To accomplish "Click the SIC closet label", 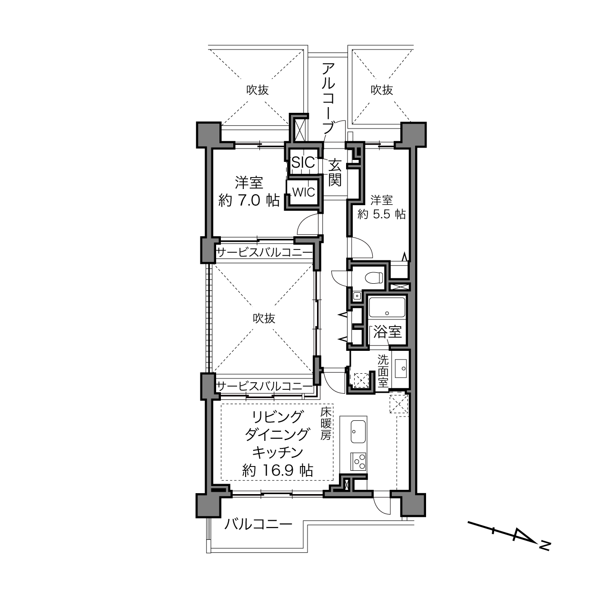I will pyautogui.click(x=303, y=162).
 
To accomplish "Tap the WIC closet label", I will pyautogui.click(x=303, y=192).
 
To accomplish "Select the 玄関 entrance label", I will pyautogui.click(x=335, y=172).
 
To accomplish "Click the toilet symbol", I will pyautogui.click(x=374, y=277).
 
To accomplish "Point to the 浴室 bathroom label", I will pyautogui.click(x=387, y=332).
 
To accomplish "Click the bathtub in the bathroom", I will pyautogui.click(x=387, y=308).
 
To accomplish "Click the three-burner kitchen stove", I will pyautogui.click(x=358, y=461).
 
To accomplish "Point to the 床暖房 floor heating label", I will pyautogui.click(x=325, y=423).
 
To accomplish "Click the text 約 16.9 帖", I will pyautogui.click(x=277, y=471).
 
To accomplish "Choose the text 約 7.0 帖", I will pyautogui.click(x=248, y=200).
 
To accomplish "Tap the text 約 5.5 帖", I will pyautogui.click(x=381, y=214).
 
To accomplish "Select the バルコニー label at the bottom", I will pyautogui.click(x=258, y=525).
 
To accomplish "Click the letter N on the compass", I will pyautogui.click(x=545, y=545).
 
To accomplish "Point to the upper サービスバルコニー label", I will pyautogui.click(x=264, y=252).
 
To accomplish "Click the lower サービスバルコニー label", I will pyautogui.click(x=264, y=386).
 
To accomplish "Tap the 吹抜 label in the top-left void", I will pyautogui.click(x=258, y=89).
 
